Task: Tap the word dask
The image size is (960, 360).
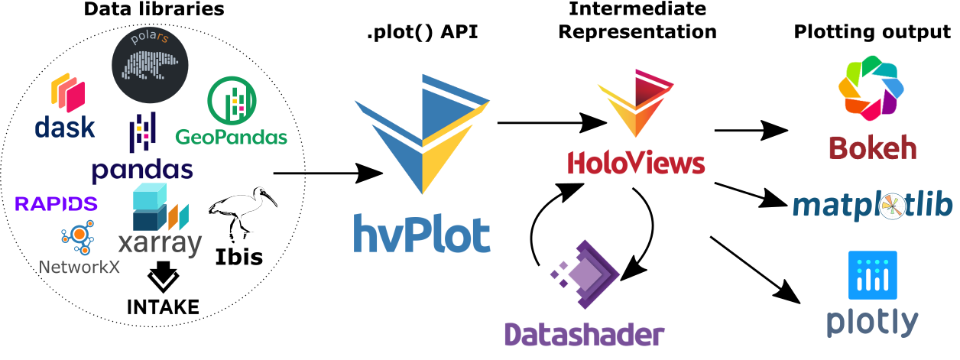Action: pyautogui.click(x=65, y=127)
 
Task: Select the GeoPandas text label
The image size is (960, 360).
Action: pyautogui.click(x=231, y=138)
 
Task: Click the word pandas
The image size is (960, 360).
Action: pyautogui.click(x=142, y=169)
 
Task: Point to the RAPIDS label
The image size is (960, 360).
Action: pyautogui.click(x=57, y=203)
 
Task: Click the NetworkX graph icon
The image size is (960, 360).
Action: pyautogui.click(x=76, y=240)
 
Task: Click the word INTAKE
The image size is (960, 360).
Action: pyautogui.click(x=163, y=307)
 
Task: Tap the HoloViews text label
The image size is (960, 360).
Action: pyautogui.click(x=635, y=164)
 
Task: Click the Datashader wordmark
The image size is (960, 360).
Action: pyautogui.click(x=584, y=334)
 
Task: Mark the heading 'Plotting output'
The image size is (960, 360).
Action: pyautogui.click(x=872, y=33)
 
